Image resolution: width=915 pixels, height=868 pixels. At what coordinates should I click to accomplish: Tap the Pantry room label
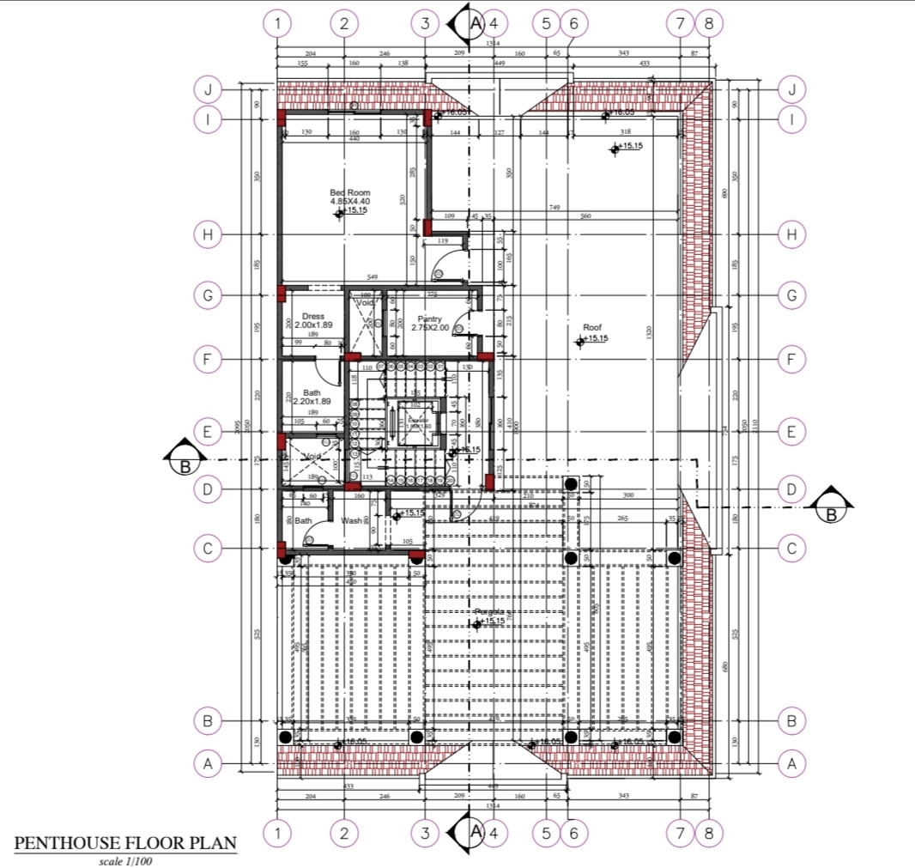tap(429, 319)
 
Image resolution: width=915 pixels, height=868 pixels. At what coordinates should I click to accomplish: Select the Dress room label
tap(313, 316)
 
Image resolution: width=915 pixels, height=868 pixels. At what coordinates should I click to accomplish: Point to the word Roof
tap(592, 327)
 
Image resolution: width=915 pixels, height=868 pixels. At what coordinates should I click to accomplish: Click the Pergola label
tap(490, 612)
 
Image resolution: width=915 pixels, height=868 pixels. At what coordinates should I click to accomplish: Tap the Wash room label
tap(352, 520)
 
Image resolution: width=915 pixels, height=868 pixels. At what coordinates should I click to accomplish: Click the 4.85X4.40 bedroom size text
tap(349, 201)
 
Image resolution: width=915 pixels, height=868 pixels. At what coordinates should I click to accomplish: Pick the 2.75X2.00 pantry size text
tap(429, 328)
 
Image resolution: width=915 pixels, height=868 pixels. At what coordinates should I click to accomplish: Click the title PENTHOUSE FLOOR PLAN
tap(125, 843)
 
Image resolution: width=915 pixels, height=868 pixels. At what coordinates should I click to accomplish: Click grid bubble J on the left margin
tap(208, 89)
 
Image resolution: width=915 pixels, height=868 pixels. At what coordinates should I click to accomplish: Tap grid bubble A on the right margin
tap(791, 762)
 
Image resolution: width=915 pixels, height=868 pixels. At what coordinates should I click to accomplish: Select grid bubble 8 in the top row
tap(708, 23)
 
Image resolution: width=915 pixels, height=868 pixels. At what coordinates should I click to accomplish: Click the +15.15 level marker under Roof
tap(591, 340)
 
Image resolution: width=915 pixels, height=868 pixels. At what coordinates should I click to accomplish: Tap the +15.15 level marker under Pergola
tap(490, 622)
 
